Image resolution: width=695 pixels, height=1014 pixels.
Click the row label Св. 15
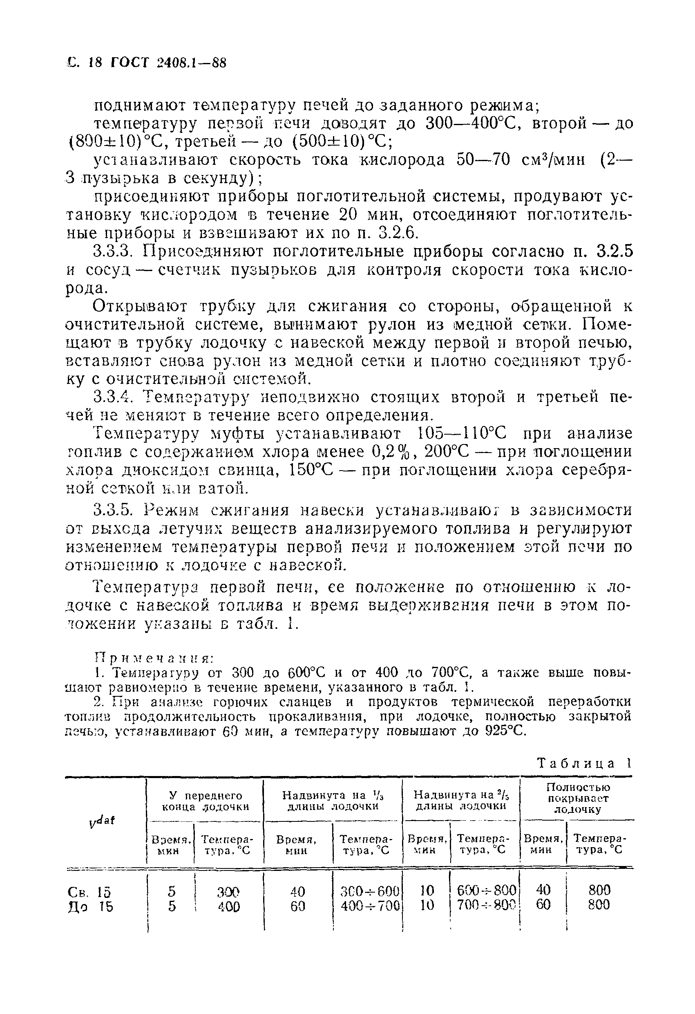[89, 891]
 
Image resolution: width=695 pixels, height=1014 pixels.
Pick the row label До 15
[90, 906]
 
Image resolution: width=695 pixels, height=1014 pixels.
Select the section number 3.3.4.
[115, 397]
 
